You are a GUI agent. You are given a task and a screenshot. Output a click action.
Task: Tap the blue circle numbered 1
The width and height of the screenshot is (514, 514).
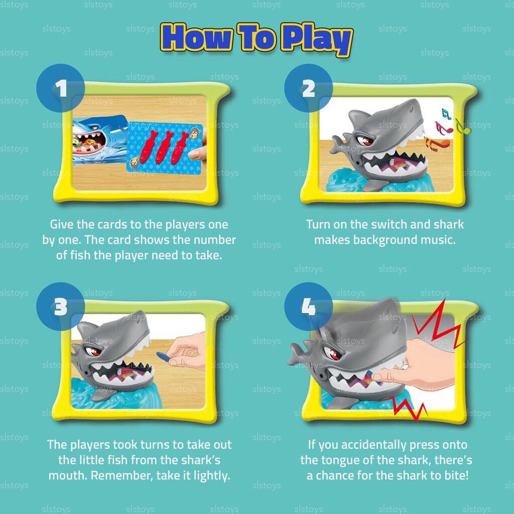61,90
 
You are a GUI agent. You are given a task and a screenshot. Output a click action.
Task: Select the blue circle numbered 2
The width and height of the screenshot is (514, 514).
309,90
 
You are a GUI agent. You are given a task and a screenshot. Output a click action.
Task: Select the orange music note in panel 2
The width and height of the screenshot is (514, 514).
437,144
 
